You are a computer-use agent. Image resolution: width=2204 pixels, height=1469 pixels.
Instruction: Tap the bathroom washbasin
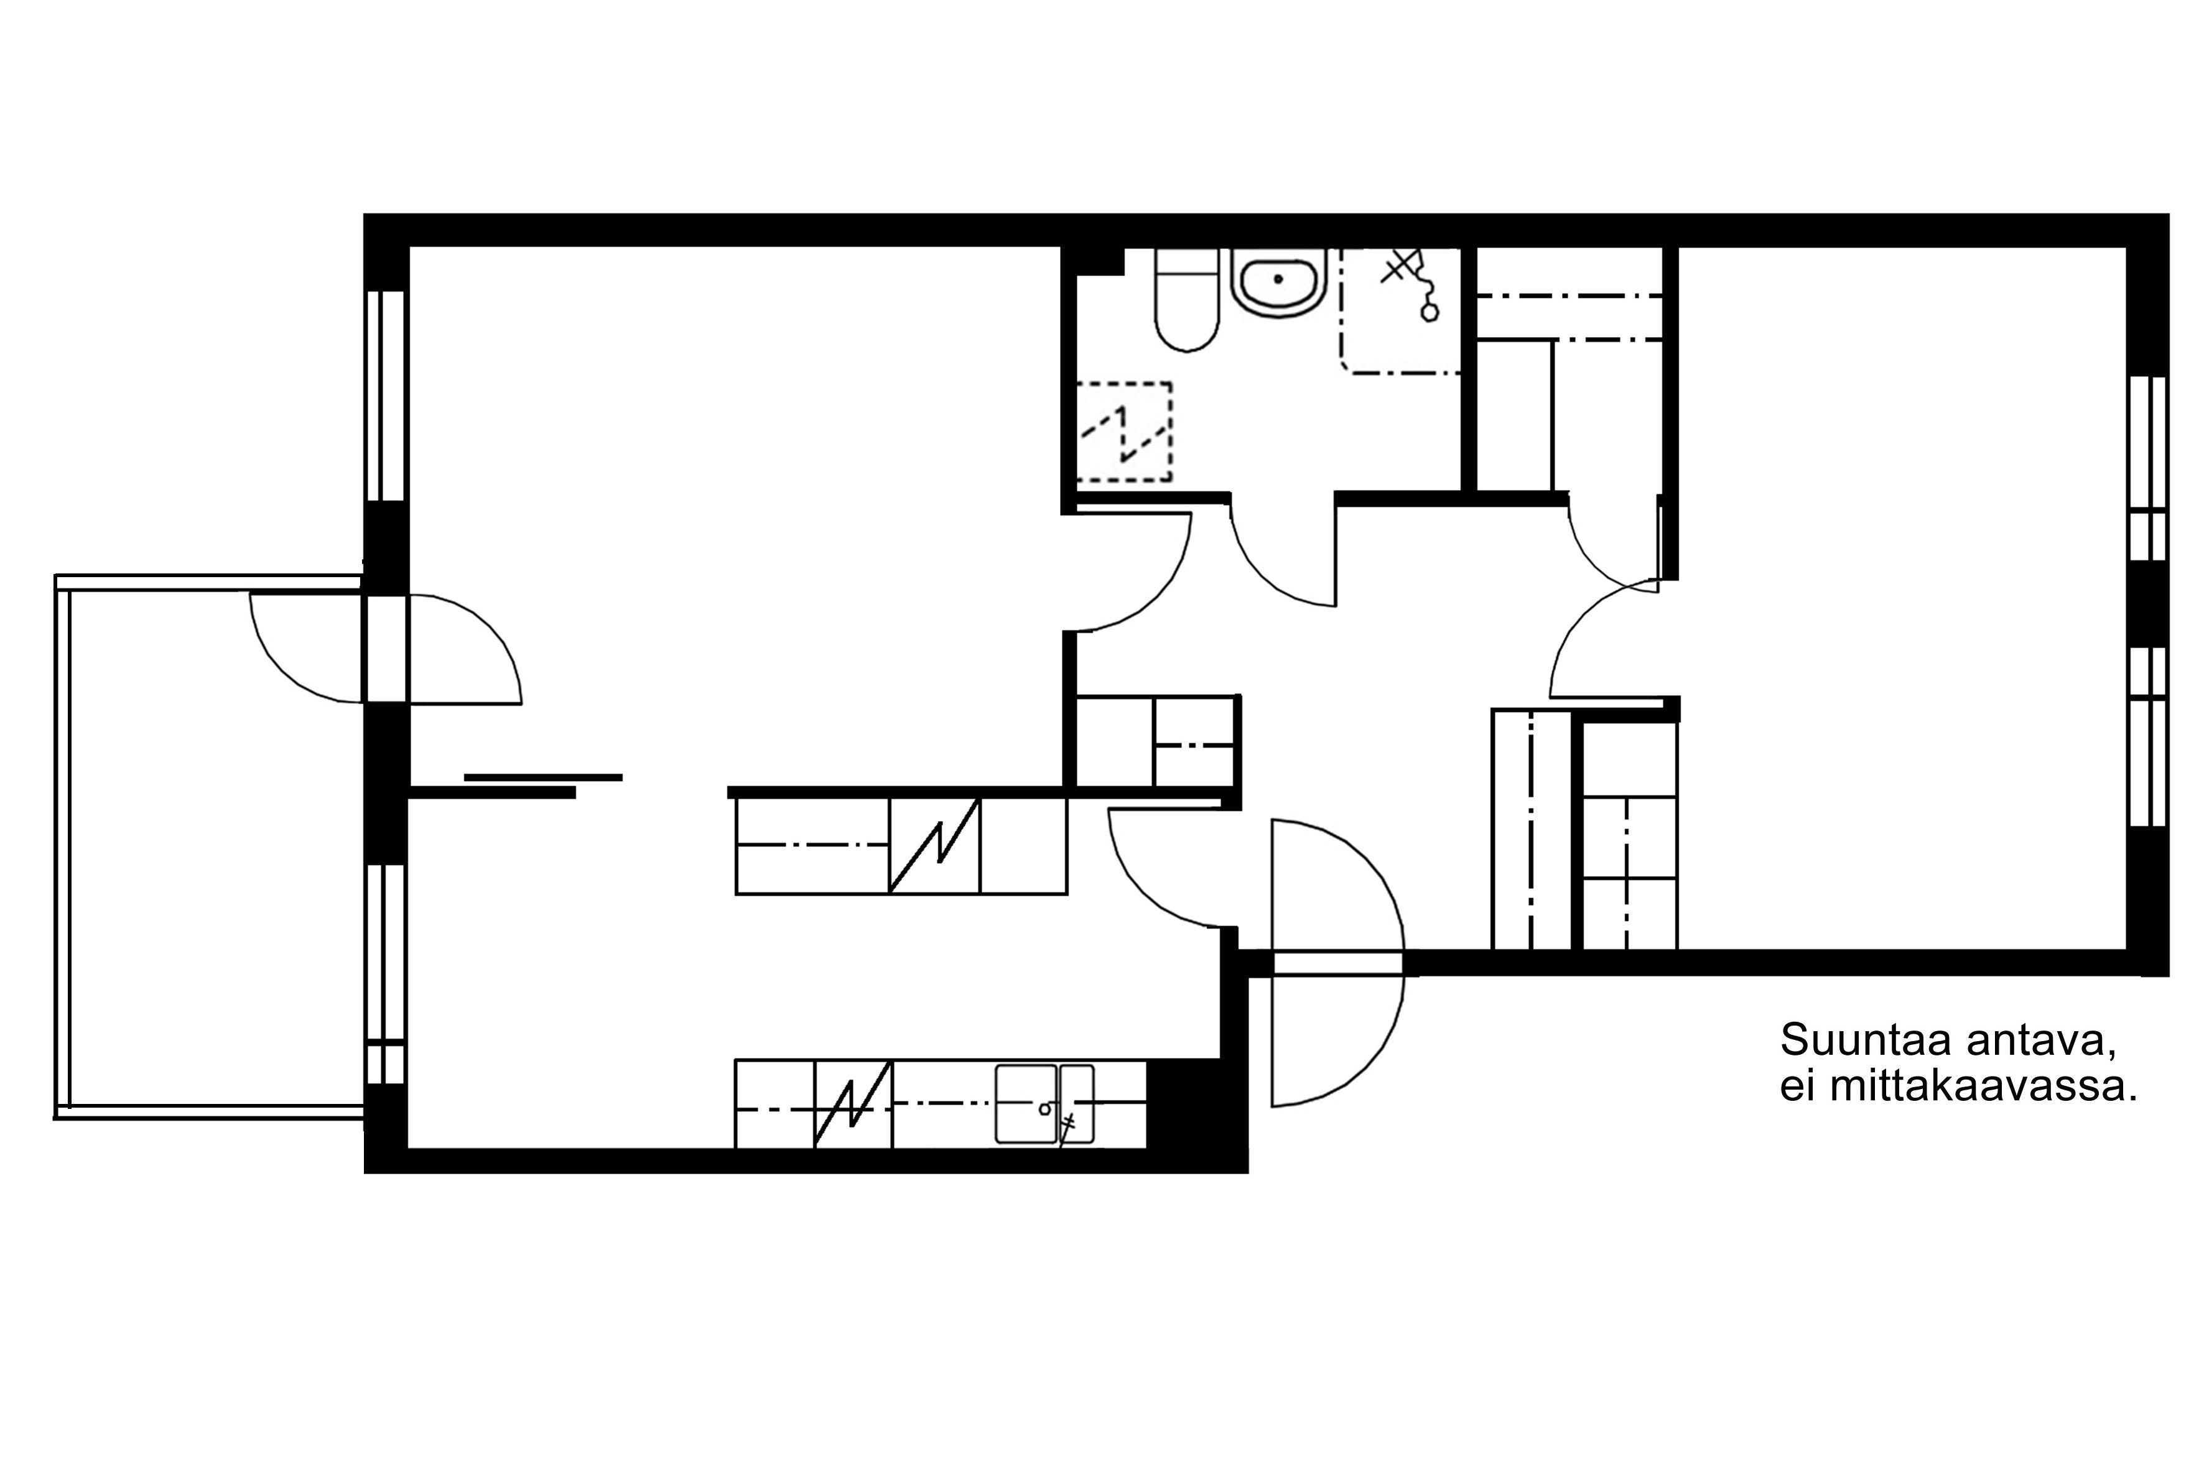(1278, 282)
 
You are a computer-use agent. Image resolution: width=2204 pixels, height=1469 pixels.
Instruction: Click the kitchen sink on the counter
(1044, 1104)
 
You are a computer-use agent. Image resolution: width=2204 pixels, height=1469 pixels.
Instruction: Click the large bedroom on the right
(1902, 600)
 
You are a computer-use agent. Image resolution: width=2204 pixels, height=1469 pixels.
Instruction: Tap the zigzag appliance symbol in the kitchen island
(934, 845)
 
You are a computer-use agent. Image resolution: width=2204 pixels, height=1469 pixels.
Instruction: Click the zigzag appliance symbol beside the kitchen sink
(852, 1104)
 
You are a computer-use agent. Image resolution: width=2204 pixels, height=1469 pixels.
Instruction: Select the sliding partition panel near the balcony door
(544, 777)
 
